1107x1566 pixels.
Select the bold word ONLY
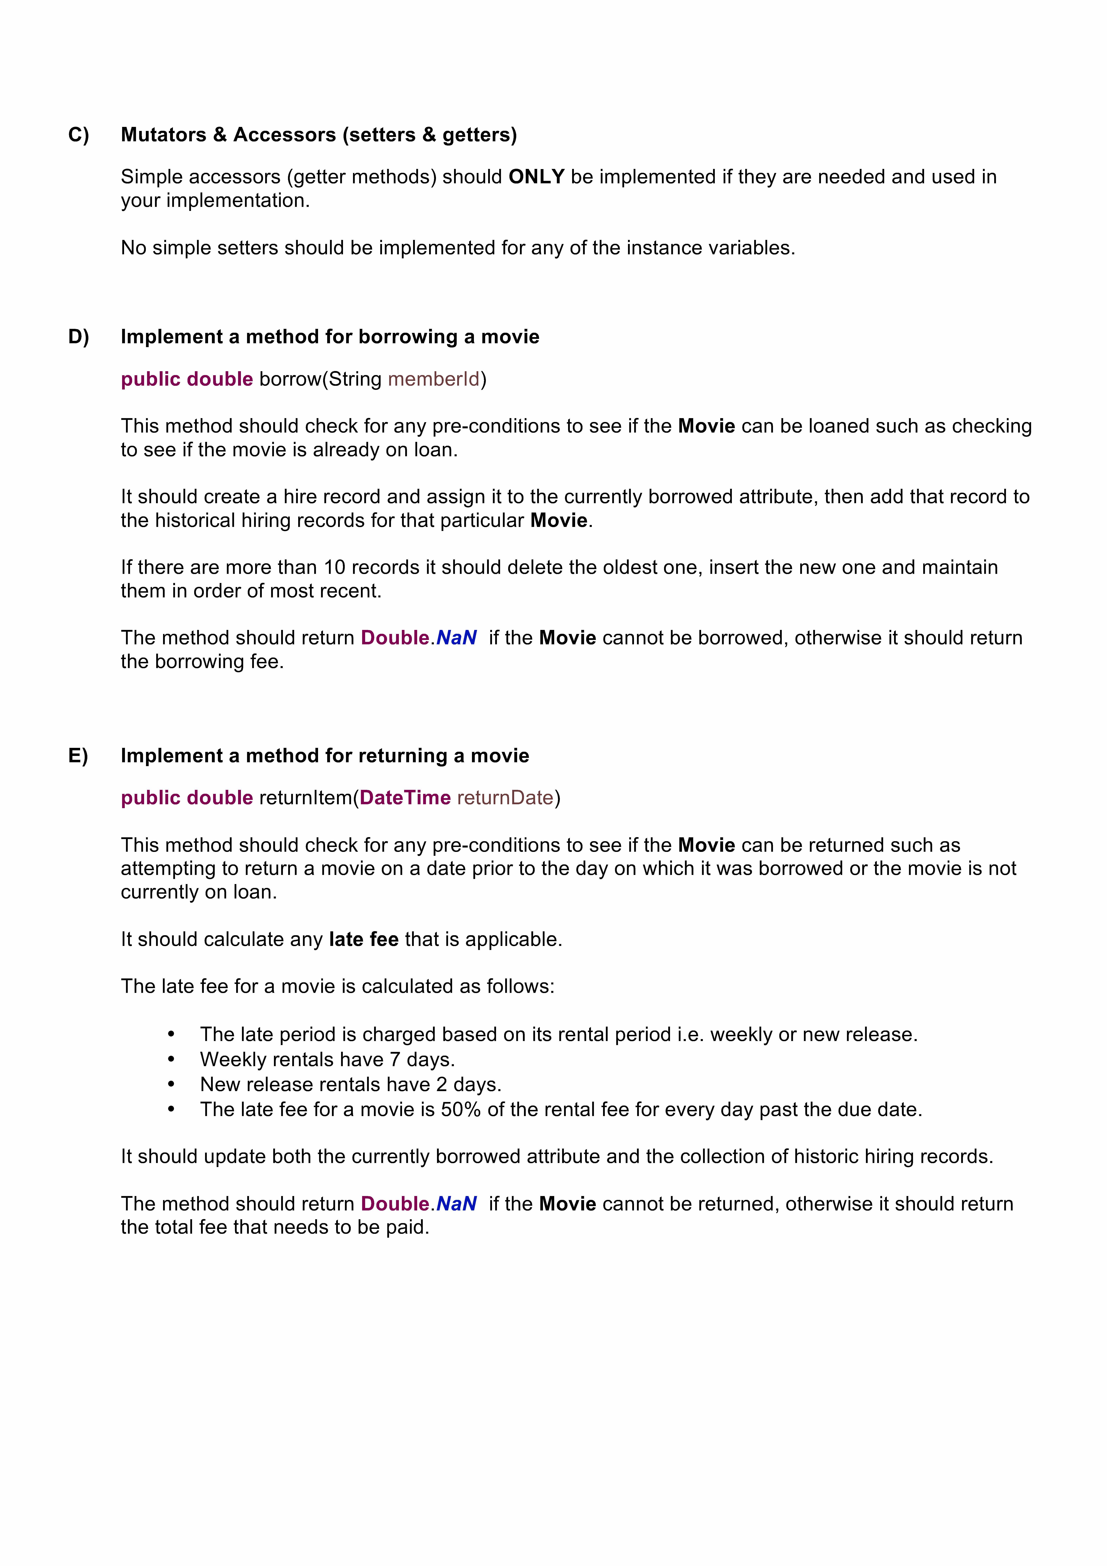536,177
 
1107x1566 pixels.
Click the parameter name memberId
434,379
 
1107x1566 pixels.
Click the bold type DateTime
405,798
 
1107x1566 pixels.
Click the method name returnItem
304,798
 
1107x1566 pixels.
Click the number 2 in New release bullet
441,1084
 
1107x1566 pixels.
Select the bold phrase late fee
364,940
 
